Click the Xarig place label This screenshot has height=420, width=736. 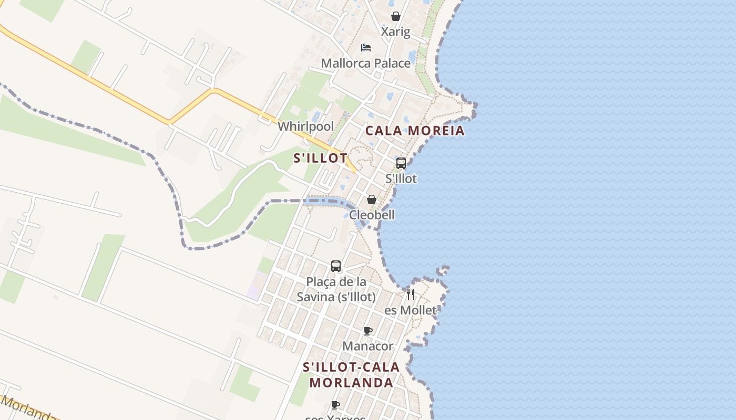(x=395, y=32)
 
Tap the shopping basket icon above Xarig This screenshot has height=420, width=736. (x=396, y=17)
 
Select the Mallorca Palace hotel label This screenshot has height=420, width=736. (x=365, y=64)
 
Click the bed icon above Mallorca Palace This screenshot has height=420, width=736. (x=366, y=48)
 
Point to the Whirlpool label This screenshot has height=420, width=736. (x=305, y=127)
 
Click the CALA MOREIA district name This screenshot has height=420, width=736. (x=415, y=131)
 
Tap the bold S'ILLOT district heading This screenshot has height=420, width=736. (x=320, y=158)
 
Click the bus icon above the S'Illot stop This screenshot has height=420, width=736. (x=401, y=163)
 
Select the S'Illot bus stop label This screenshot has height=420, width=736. (x=401, y=178)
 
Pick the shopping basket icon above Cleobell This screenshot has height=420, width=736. (x=372, y=199)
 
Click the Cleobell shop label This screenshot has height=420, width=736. (x=372, y=215)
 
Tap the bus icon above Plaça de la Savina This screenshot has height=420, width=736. (x=336, y=266)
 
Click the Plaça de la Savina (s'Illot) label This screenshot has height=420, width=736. (x=336, y=289)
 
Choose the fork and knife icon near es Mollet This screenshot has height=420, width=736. (x=411, y=294)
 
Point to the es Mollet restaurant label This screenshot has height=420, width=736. (x=410, y=310)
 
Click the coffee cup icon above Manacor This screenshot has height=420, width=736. (x=368, y=331)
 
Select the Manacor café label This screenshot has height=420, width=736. (x=367, y=346)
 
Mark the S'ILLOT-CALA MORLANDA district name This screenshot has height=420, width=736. (x=351, y=375)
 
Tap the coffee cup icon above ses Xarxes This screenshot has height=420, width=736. (x=335, y=405)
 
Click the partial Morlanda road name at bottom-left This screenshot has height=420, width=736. (x=26, y=409)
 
